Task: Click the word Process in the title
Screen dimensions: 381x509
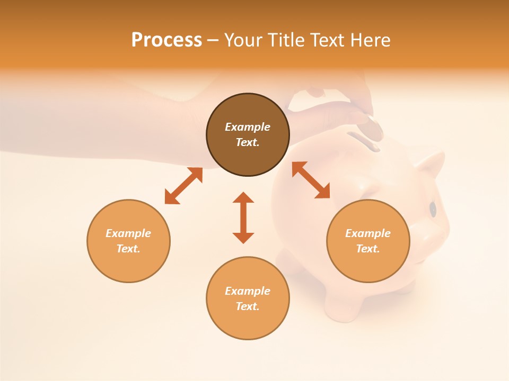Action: pyautogui.click(x=166, y=40)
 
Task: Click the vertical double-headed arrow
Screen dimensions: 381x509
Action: pyautogui.click(x=243, y=217)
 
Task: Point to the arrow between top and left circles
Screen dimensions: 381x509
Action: pyautogui.click(x=183, y=186)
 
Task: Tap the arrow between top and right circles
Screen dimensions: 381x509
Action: pyautogui.click(x=311, y=180)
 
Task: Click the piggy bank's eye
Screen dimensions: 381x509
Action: pyautogui.click(x=433, y=209)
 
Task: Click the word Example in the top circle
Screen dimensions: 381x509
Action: pyautogui.click(x=248, y=127)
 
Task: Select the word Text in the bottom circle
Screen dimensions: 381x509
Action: pyautogui.click(x=248, y=306)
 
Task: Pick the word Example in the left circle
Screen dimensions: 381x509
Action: pyautogui.click(x=128, y=233)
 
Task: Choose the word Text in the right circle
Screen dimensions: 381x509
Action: pyautogui.click(x=367, y=249)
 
